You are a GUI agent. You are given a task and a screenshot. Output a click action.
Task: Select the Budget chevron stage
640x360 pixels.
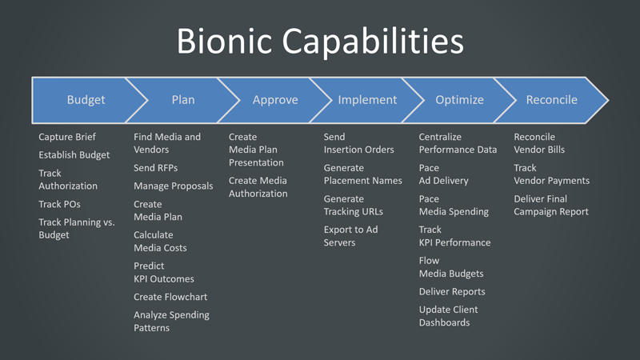point(86,100)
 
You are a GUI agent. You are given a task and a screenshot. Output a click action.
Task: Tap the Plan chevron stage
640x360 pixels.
point(182,100)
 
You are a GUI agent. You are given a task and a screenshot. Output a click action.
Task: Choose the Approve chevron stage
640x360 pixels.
point(275,100)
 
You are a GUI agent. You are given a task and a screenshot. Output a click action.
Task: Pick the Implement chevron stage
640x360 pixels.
point(367,100)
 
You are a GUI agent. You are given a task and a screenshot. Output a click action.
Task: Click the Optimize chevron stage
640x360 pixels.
point(459,100)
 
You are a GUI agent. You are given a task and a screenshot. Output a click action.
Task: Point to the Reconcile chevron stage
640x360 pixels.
point(551,100)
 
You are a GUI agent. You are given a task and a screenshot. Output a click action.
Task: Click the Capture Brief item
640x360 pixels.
point(67,137)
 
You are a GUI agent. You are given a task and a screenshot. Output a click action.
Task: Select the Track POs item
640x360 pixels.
point(59,204)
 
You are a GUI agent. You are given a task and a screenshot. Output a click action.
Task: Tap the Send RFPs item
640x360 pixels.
point(155,168)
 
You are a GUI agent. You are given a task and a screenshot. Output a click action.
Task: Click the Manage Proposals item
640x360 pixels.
point(173,186)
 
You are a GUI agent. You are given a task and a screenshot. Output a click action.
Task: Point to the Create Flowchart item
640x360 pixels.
point(170,297)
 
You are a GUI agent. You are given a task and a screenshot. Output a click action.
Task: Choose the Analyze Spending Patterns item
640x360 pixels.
point(171,322)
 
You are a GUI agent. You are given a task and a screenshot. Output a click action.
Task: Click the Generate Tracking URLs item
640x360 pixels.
point(353,205)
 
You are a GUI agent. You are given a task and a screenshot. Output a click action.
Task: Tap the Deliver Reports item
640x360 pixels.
point(452,292)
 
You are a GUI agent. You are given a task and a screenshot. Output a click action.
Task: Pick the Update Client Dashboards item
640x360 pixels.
point(448,316)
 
